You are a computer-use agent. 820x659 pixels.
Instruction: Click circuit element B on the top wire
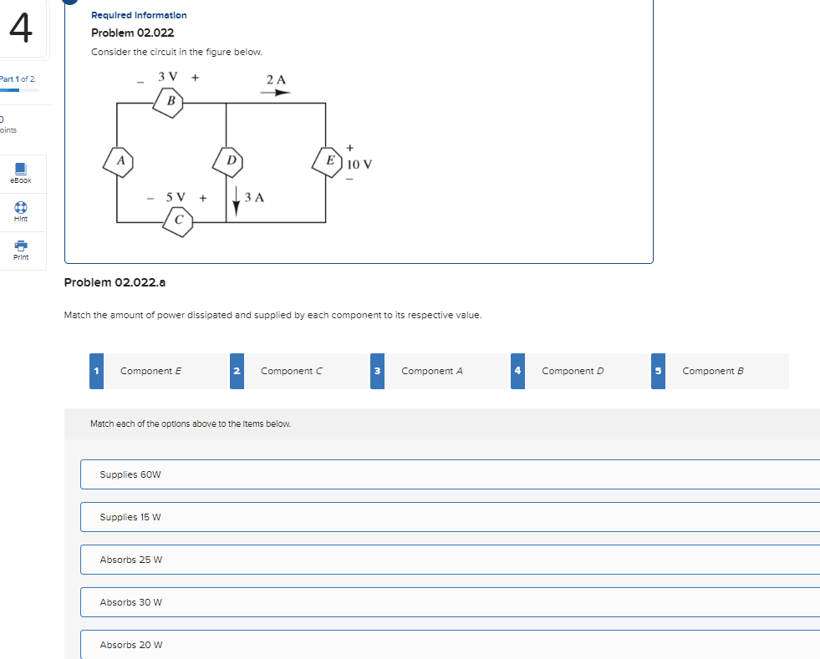pos(170,102)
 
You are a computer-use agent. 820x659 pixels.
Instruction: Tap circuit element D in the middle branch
pos(230,160)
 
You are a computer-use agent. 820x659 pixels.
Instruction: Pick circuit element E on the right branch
pos(330,160)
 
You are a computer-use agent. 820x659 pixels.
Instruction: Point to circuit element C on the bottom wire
pos(179,221)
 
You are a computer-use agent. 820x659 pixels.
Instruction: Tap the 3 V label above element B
pos(168,77)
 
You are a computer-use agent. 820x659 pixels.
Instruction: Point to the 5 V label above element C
pos(176,197)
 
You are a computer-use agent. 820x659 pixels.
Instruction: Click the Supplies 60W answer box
pos(450,474)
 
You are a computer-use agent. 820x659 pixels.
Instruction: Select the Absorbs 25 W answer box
pos(450,560)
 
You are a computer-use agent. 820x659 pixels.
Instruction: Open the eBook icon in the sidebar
pos(21,171)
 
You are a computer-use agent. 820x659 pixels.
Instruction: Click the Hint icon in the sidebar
pos(21,210)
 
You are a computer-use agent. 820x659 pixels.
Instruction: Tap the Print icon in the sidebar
pos(21,248)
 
